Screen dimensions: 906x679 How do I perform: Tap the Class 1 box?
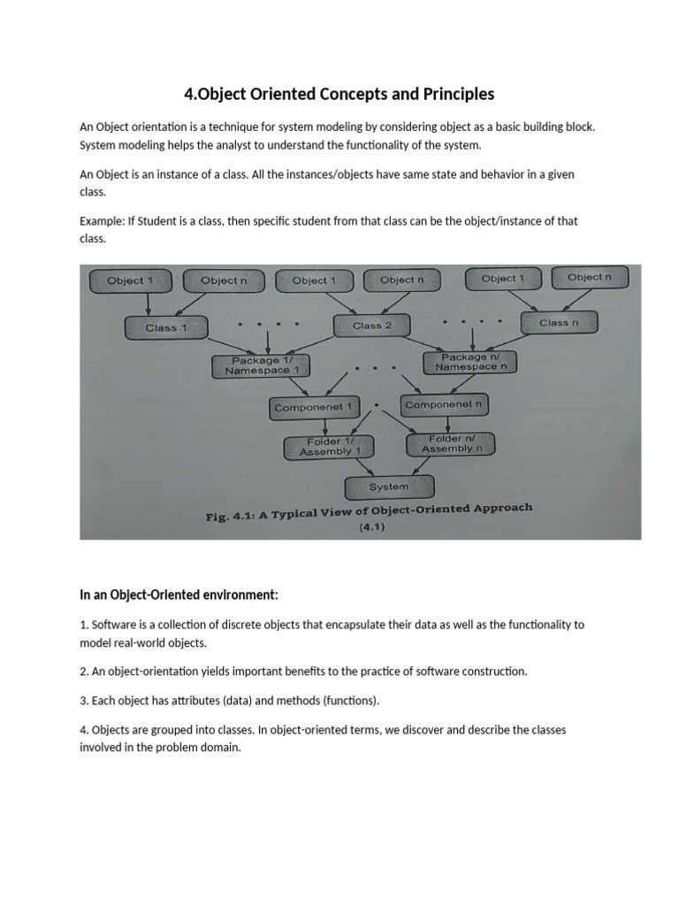[166, 327]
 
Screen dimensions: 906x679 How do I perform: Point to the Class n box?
[560, 323]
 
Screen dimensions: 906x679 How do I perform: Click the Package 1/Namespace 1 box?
[262, 365]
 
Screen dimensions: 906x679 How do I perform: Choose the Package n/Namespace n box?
[470, 362]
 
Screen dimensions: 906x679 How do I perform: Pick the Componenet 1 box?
[313, 408]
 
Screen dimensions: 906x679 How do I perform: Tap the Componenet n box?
[444, 404]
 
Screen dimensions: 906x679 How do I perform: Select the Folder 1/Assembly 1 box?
[330, 447]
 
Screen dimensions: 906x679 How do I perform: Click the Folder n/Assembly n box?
[451, 443]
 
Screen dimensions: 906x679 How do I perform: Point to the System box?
[389, 487]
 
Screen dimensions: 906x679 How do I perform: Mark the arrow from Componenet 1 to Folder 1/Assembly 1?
[326, 426]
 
